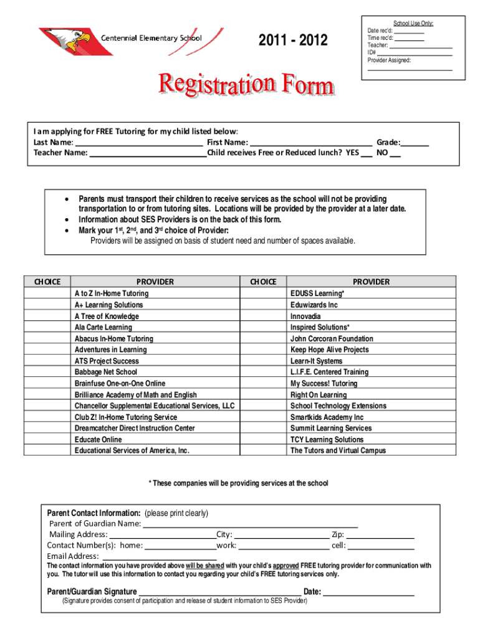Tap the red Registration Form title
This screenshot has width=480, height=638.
pyautogui.click(x=247, y=85)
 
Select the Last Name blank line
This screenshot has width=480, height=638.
pyautogui.click(x=138, y=142)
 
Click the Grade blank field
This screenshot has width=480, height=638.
pyautogui.click(x=415, y=142)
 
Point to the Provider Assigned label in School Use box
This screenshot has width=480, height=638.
pyautogui.click(x=389, y=60)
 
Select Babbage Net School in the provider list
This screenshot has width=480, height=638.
pyautogui.click(x=105, y=372)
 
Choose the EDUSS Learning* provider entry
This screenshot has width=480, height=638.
pyautogui.click(x=317, y=293)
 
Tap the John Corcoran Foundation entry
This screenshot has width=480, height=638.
pyautogui.click(x=332, y=339)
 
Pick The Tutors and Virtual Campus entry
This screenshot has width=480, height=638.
pyautogui.click(x=338, y=450)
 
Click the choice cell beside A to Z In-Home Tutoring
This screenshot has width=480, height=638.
pyautogui.click(x=47, y=293)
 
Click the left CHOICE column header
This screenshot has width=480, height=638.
pyautogui.click(x=47, y=282)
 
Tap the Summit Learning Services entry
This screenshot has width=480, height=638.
pyautogui.click(x=330, y=428)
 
